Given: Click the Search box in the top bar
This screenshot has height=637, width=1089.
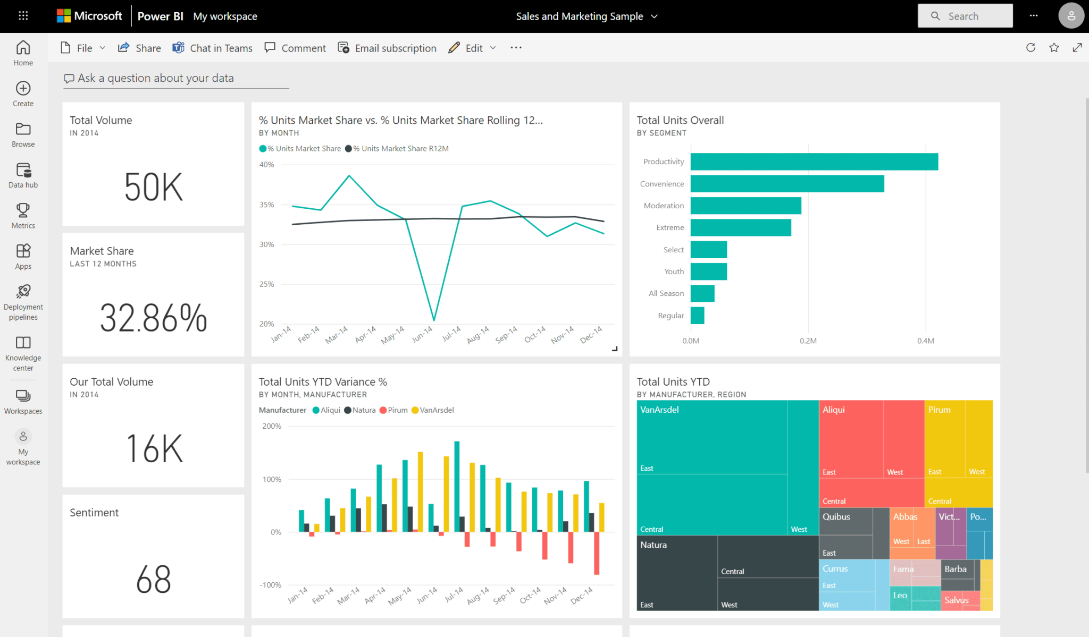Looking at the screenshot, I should (965, 16).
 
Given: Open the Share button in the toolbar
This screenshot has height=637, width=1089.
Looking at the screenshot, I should (139, 48).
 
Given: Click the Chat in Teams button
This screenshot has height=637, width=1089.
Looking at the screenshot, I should (212, 48).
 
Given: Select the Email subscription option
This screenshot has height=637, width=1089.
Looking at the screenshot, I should (387, 48).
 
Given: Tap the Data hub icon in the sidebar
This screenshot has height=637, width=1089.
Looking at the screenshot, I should (23, 171).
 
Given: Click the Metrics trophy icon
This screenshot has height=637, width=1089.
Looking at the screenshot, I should (23, 210).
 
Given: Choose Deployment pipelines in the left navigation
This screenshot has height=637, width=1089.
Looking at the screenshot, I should (23, 302).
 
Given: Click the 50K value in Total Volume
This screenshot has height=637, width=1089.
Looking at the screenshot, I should (153, 187).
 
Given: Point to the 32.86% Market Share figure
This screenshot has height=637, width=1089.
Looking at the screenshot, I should (153, 318).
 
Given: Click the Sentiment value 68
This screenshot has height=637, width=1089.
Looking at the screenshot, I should (153, 579).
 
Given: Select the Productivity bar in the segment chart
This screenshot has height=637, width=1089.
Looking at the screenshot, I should (814, 162).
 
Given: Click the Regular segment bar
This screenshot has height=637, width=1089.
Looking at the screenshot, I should (697, 316).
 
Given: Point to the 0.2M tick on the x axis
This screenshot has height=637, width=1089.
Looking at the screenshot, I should (808, 341).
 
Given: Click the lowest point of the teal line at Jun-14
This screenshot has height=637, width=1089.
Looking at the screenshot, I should (434, 320).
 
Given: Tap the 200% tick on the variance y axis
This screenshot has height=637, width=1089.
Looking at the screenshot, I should (272, 426).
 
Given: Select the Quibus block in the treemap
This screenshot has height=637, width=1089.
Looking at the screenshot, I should (845, 531).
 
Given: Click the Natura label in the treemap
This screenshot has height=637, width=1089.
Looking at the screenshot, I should (653, 545).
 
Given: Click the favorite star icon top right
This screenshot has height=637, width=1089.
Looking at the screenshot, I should (1054, 48).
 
